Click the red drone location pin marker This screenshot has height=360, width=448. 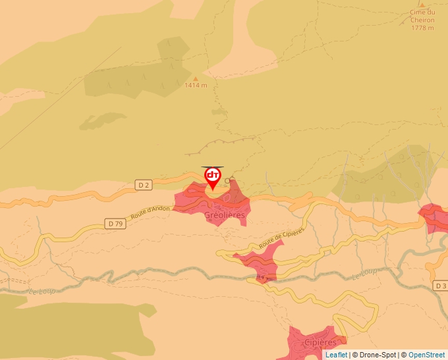tap(213, 176)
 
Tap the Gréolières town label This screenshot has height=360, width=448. tap(225, 215)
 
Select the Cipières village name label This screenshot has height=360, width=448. tap(321, 342)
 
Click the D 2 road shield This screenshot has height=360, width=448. tap(144, 185)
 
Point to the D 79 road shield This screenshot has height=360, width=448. tap(115, 224)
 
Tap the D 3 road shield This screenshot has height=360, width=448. tap(441, 286)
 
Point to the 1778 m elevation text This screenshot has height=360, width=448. tap(422, 28)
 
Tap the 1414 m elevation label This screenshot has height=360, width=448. tap(196, 86)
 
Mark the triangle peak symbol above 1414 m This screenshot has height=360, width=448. tap(196, 78)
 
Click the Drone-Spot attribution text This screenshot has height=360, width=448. tap(374, 355)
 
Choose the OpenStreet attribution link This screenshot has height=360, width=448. tap(426, 355)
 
